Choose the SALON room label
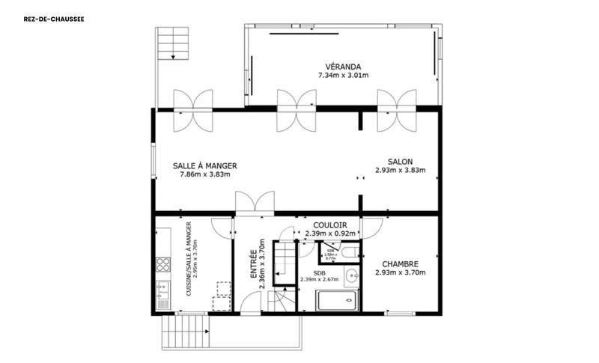tap(400, 161)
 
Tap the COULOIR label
tap(329, 224)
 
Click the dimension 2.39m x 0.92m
tap(329, 233)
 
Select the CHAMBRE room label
tap(400, 263)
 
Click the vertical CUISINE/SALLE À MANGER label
tap(189, 262)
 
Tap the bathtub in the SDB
tap(337, 301)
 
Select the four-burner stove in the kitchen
tap(163, 264)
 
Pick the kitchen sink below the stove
tap(163, 290)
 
